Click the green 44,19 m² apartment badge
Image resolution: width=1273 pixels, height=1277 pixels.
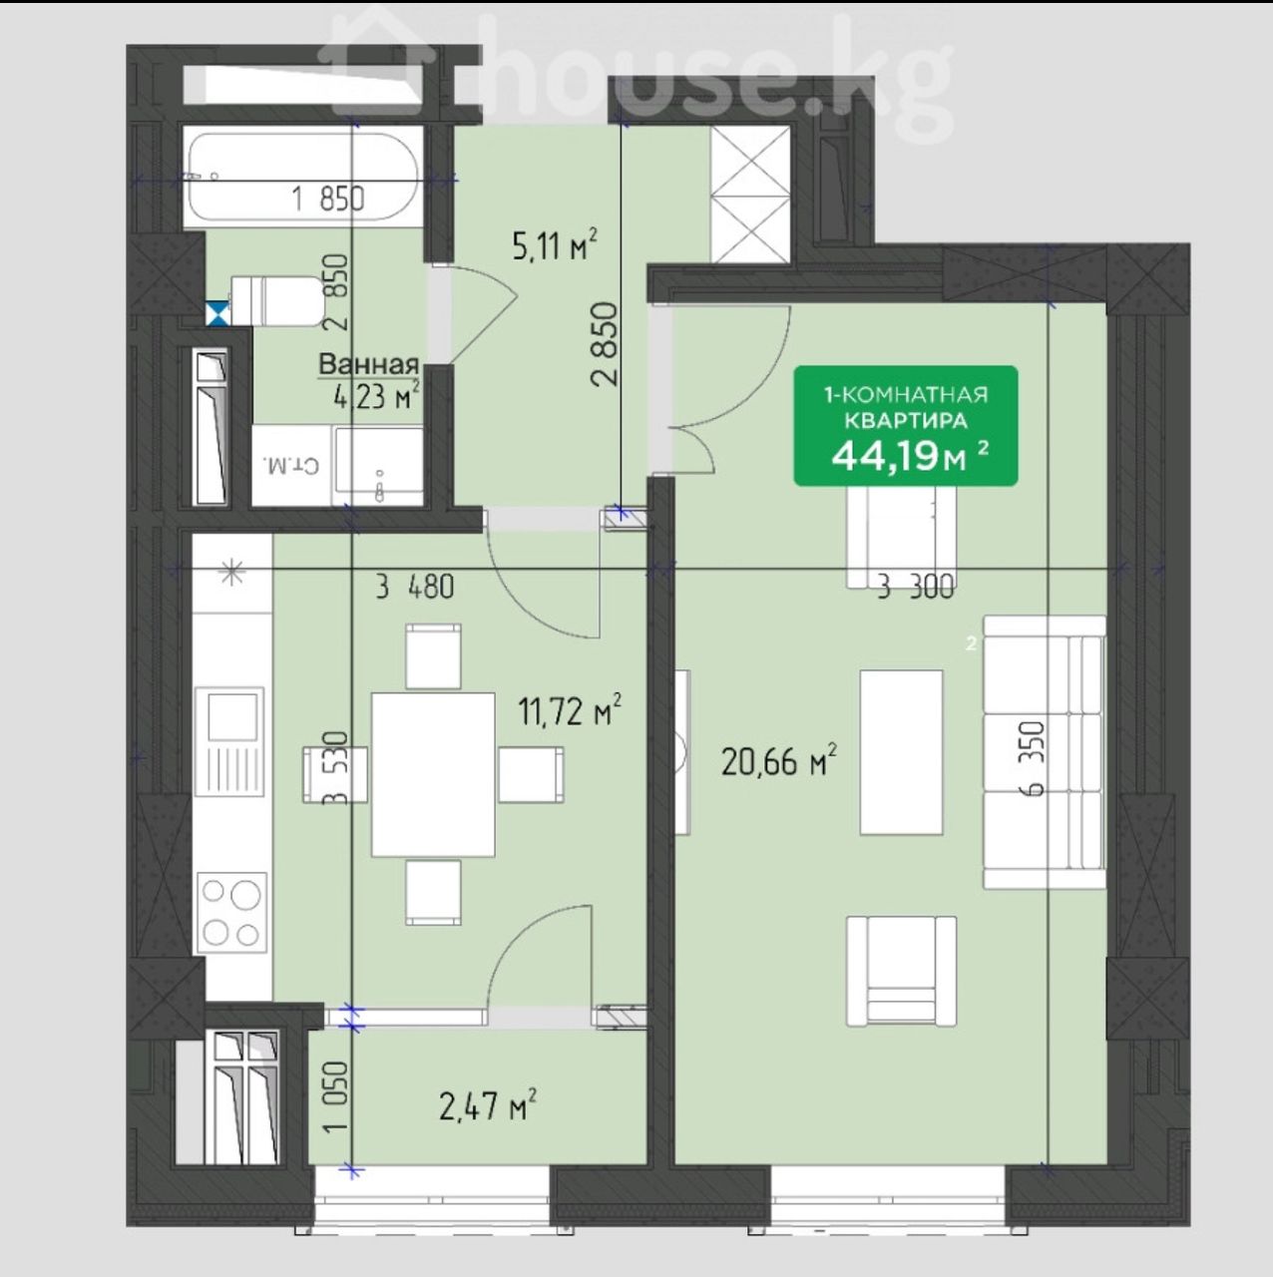pyautogui.click(x=906, y=426)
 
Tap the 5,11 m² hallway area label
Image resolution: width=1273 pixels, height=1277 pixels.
pyautogui.click(x=555, y=245)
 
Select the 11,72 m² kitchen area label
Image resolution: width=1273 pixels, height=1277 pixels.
pyautogui.click(x=571, y=711)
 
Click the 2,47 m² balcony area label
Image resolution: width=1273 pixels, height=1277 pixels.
pyautogui.click(x=488, y=1106)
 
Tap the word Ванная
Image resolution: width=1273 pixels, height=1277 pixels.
pyautogui.click(x=369, y=364)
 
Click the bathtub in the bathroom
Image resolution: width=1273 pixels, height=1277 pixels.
pyautogui.click(x=303, y=177)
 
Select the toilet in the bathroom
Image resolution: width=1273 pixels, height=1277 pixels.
pyautogui.click(x=275, y=301)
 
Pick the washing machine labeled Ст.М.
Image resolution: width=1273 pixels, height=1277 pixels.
pyautogui.click(x=291, y=466)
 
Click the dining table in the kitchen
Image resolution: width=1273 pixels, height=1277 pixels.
pyautogui.click(x=433, y=774)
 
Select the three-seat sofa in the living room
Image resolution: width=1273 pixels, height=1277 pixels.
pyautogui.click(x=1045, y=752)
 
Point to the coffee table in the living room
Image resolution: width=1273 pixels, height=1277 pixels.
pyautogui.click(x=901, y=752)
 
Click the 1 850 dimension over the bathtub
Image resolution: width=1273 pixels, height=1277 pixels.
pyautogui.click(x=328, y=199)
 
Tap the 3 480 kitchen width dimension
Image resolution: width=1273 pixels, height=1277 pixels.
pyautogui.click(x=415, y=588)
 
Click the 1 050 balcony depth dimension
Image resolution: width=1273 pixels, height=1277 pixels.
pyautogui.click(x=336, y=1098)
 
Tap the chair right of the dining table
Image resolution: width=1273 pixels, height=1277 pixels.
pyautogui.click(x=531, y=775)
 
